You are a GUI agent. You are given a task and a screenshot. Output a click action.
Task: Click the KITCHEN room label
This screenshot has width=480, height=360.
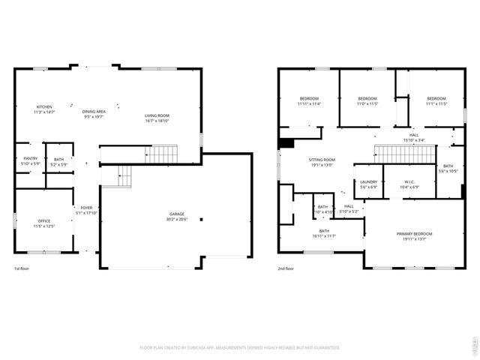(x=45, y=107)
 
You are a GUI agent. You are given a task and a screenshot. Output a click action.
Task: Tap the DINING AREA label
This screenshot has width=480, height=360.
(x=94, y=112)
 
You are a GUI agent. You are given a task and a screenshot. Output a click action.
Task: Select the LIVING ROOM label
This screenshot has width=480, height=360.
(x=157, y=115)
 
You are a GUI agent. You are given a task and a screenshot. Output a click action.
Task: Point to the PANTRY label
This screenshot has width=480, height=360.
(x=30, y=159)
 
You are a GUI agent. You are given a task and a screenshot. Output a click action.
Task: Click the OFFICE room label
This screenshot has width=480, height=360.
(x=44, y=220)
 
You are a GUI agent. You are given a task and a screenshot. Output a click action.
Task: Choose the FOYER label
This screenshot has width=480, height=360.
(x=87, y=208)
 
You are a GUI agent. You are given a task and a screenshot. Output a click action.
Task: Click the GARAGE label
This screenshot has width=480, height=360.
(x=176, y=214)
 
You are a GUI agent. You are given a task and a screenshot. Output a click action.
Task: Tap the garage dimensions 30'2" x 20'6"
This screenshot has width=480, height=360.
(x=176, y=220)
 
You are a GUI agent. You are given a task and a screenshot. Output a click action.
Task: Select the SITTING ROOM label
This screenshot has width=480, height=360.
(x=322, y=160)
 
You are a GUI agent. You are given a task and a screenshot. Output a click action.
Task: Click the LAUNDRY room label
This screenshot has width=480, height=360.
(x=368, y=181)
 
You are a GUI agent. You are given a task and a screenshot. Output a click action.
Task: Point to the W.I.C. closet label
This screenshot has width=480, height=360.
(x=409, y=181)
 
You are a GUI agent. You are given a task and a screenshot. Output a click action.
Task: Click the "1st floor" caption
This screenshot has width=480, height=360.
(x=22, y=268)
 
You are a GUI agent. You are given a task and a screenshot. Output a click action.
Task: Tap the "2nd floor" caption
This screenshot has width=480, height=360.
(x=286, y=268)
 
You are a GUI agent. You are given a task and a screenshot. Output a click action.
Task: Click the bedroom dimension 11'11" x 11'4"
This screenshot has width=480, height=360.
(x=309, y=104)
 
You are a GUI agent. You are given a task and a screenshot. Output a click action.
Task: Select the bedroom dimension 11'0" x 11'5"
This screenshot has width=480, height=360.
(x=367, y=104)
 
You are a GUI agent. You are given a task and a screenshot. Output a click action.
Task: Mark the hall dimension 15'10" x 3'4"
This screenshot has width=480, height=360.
(x=414, y=140)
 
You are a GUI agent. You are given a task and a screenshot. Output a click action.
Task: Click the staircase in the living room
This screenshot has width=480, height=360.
(x=160, y=154)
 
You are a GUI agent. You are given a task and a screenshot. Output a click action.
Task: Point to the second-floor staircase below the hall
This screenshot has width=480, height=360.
(x=405, y=154)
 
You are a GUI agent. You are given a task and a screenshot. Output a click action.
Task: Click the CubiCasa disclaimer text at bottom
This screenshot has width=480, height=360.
(x=240, y=347)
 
